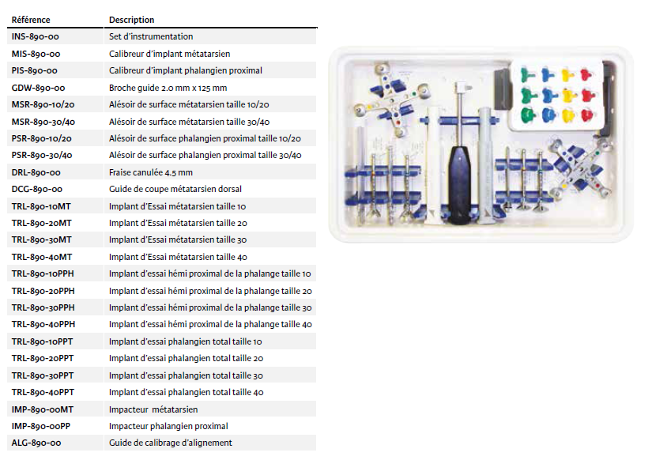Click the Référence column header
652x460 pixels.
tap(31, 20)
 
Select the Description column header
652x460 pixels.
tap(131, 20)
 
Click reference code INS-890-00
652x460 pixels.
tap(36, 36)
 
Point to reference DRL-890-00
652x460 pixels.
tap(36, 172)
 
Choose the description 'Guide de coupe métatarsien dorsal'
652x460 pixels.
tap(175, 189)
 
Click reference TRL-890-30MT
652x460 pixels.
tap(42, 239)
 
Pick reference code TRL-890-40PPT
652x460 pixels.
tap(43, 392)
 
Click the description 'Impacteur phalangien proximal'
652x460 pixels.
tap(168, 426)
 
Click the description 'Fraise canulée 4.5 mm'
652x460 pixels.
tap(151, 172)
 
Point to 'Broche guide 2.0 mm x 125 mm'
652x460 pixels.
tap(168, 88)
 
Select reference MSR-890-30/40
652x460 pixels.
tap(43, 122)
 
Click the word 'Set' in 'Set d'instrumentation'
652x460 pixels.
tap(115, 36)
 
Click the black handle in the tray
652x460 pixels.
tap(460, 184)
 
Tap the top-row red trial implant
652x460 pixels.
tap(586, 75)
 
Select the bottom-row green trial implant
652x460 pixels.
tap(528, 114)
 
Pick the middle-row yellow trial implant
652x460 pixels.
tap(568, 95)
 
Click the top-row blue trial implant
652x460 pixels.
tap(548, 75)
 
